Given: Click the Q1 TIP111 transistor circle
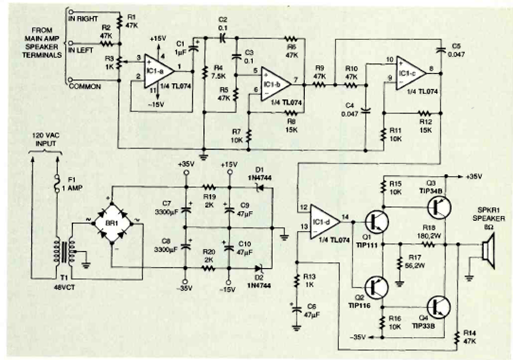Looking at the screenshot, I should [x=378, y=221].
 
